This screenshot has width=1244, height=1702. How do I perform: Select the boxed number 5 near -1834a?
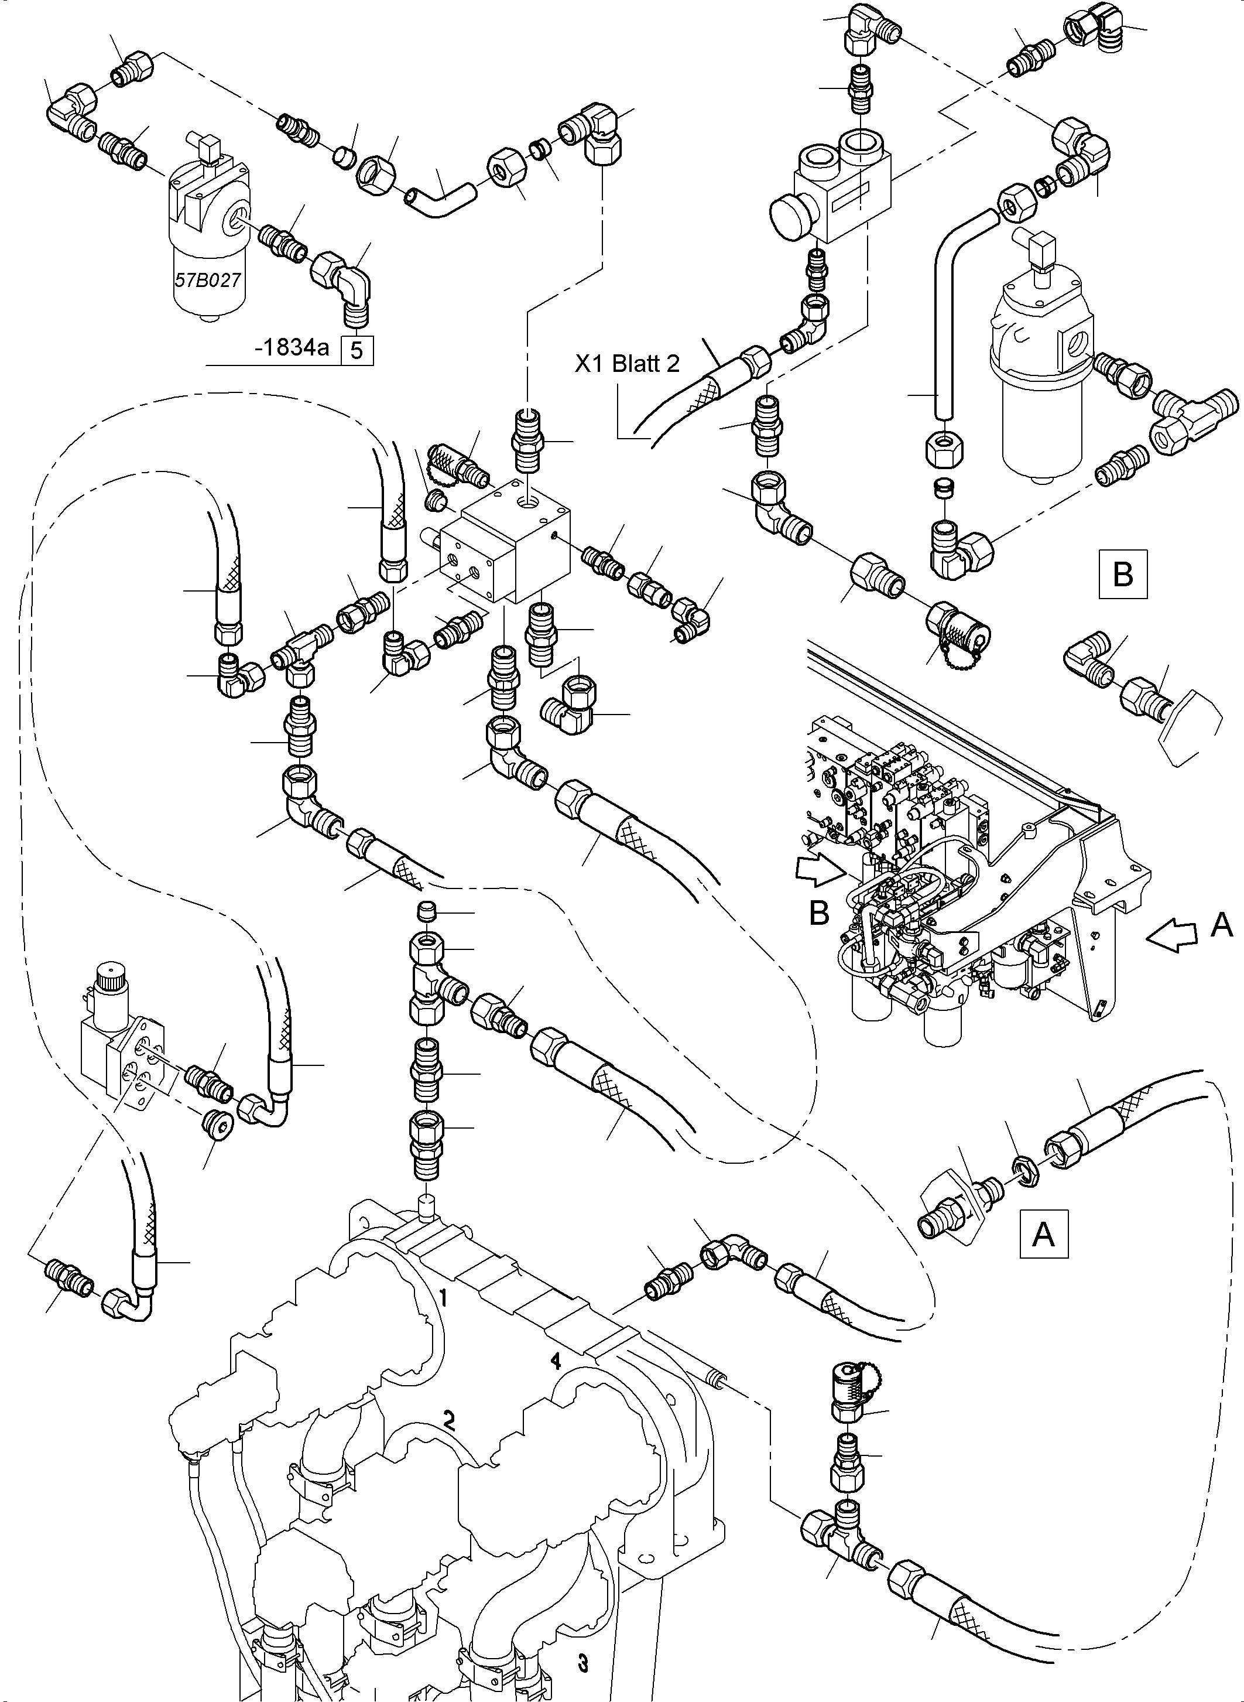358,350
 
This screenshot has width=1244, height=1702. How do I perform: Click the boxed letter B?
1123,575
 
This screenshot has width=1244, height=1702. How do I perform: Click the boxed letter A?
1043,1234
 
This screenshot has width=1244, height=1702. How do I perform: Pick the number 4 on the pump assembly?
555,1360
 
